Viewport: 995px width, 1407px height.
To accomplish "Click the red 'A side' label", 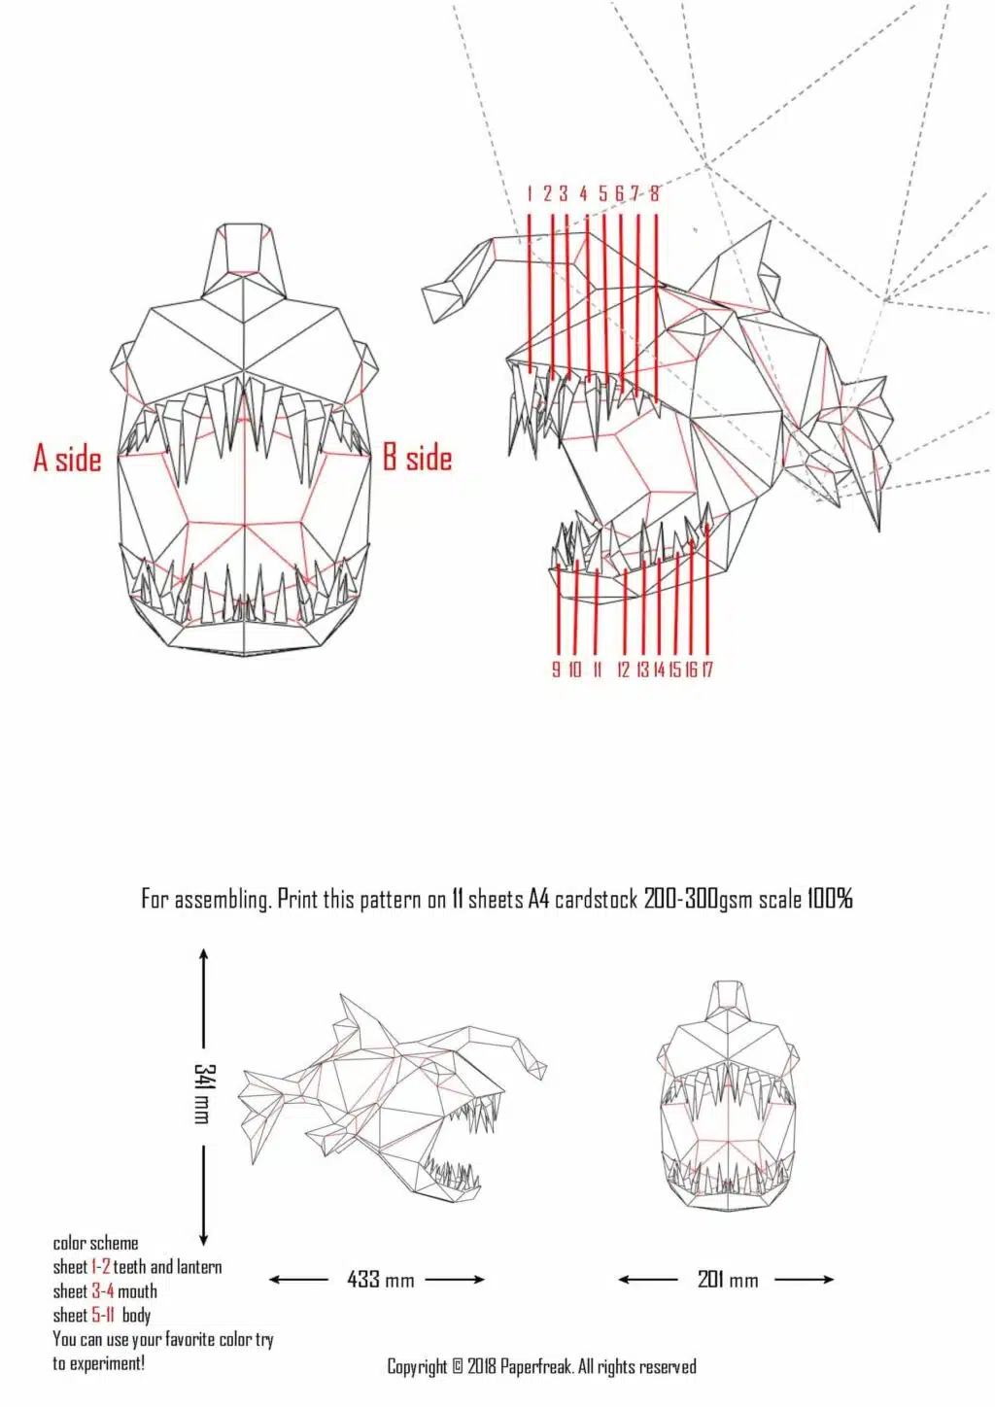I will (x=67, y=458).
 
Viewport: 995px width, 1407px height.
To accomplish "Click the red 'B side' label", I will (x=417, y=458).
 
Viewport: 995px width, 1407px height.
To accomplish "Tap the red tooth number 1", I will (x=530, y=193).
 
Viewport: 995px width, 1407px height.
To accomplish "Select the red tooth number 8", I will (x=655, y=193).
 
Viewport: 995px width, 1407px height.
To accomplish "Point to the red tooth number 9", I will (x=556, y=669).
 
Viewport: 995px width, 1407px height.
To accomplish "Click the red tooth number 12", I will (x=623, y=669).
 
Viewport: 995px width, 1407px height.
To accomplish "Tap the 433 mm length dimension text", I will (x=380, y=1280).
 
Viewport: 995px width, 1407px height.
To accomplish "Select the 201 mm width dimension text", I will (x=727, y=1280).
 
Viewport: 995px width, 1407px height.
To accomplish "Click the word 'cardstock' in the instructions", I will (x=597, y=899).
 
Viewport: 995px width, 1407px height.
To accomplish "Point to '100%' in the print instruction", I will (x=830, y=899).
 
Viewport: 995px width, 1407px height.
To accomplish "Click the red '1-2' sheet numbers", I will (x=101, y=1267).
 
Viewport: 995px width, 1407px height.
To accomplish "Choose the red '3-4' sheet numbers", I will (x=103, y=1291).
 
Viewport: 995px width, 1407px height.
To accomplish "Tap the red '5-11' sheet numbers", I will (x=104, y=1316).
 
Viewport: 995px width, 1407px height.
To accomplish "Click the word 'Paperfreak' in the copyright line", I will (x=535, y=1367).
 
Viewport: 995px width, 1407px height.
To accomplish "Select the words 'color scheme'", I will (x=95, y=1244).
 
